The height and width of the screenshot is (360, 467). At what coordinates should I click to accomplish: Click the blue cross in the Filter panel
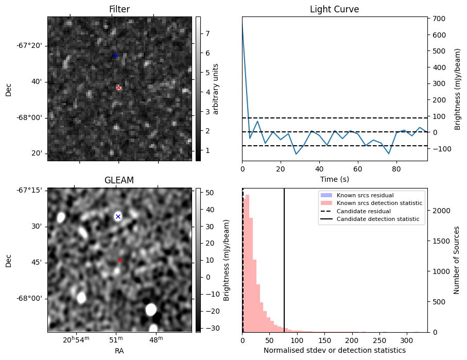pos(115,55)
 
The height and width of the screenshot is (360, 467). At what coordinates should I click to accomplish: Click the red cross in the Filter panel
pos(119,88)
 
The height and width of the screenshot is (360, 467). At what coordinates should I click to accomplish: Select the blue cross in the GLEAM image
pos(118,217)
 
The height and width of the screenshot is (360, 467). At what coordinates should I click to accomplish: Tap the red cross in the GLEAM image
pos(119,261)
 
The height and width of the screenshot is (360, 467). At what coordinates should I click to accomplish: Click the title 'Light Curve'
pos(334,9)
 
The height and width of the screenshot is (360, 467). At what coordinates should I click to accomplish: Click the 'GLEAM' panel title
pos(119,180)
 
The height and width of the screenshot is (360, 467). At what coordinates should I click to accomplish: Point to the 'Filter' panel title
pos(119,9)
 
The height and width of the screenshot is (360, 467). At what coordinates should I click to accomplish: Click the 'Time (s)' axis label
pos(334,179)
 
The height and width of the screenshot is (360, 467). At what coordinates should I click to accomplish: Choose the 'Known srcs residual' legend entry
pos(365,195)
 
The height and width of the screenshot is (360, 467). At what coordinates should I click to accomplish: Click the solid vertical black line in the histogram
pos(284,258)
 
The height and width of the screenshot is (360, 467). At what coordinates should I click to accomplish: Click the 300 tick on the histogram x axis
pos(407,340)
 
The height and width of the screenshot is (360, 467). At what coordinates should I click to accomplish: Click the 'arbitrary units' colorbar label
pos(216,89)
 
